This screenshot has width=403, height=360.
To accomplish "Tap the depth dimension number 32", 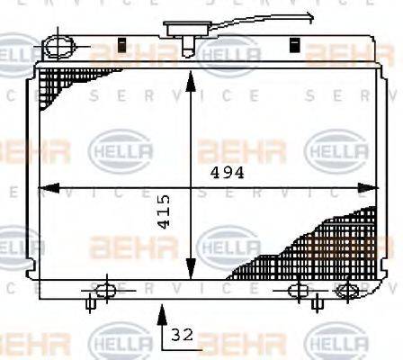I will (182, 336).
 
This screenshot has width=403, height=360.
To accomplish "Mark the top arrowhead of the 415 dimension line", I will (189, 78).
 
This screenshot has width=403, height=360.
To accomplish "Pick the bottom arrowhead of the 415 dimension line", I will (189, 271).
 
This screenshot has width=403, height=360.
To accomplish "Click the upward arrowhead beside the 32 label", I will (162, 312).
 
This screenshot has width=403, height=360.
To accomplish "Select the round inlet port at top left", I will (61, 45).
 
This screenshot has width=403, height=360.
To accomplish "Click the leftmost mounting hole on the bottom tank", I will (104, 290).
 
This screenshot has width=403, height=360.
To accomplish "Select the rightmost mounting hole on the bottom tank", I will (345, 290).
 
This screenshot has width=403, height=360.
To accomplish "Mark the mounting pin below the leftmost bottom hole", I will (89, 303).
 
